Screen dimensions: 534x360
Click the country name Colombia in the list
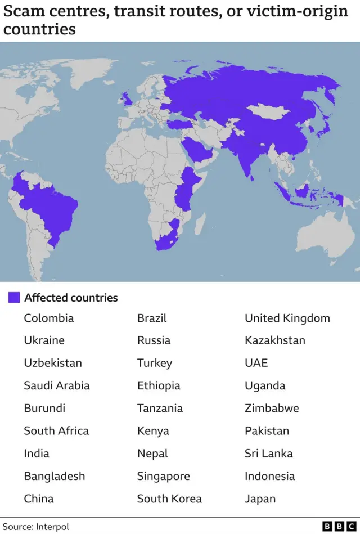click(48, 318)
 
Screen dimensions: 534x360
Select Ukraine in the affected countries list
click(44, 340)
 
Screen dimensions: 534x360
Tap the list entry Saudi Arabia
click(56, 385)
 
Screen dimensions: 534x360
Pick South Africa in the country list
click(56, 431)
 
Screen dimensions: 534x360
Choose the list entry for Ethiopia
click(159, 385)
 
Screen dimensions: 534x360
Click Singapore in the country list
click(163, 476)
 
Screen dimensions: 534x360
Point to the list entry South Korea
click(169, 499)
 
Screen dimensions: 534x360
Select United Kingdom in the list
click(287, 318)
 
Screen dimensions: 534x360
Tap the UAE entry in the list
click(256, 363)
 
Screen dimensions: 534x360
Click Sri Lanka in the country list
click(268, 454)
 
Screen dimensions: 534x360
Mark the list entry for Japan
click(260, 499)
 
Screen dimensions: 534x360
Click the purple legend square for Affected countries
click(14, 298)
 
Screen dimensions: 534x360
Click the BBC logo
click(339, 526)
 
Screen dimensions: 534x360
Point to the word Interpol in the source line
click(52, 527)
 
